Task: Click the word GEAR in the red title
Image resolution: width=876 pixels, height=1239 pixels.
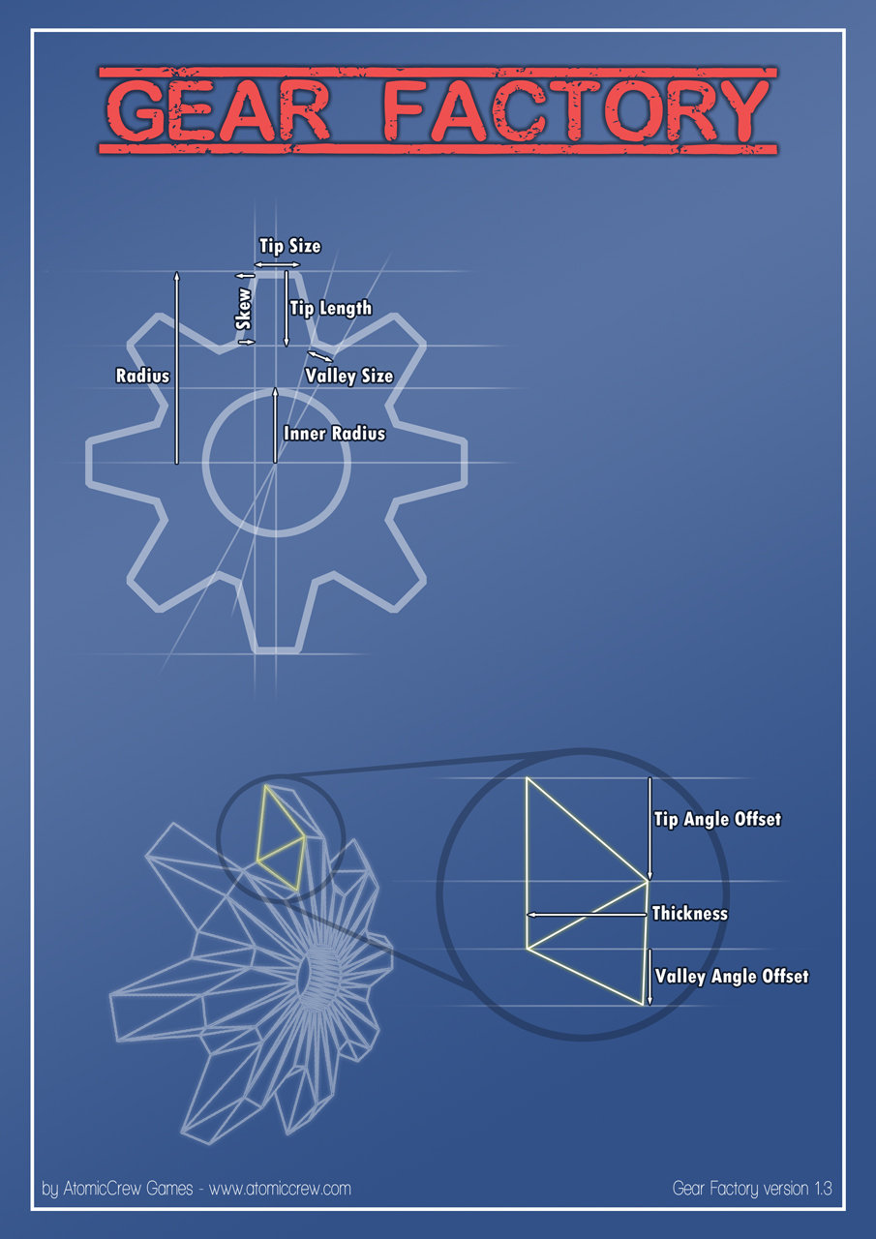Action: click(x=220, y=110)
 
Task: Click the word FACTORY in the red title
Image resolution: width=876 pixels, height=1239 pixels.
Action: click(x=575, y=110)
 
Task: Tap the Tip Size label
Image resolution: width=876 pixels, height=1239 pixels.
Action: click(x=290, y=246)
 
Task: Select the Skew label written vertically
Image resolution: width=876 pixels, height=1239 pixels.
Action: click(x=243, y=309)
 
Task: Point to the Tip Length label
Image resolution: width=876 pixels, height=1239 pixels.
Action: click(x=331, y=308)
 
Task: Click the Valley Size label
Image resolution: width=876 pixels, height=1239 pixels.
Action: click(x=349, y=377)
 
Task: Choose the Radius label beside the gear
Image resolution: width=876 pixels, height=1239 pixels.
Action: click(x=142, y=376)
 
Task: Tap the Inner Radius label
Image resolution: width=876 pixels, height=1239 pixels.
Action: click(x=334, y=433)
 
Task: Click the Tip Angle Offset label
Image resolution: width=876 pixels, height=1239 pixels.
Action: click(x=717, y=819)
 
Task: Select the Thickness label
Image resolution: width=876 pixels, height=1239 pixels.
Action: click(x=689, y=913)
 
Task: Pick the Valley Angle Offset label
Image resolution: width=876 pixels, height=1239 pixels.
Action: click(x=732, y=977)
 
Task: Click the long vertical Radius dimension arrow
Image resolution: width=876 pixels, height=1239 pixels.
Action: click(x=177, y=368)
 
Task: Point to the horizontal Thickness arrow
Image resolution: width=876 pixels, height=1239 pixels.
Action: click(x=587, y=915)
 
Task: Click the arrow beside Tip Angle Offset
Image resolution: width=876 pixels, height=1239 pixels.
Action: click(x=649, y=828)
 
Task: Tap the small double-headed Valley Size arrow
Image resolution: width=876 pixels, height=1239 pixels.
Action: click(x=320, y=356)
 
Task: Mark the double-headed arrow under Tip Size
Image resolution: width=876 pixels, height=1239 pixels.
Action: click(x=277, y=265)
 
